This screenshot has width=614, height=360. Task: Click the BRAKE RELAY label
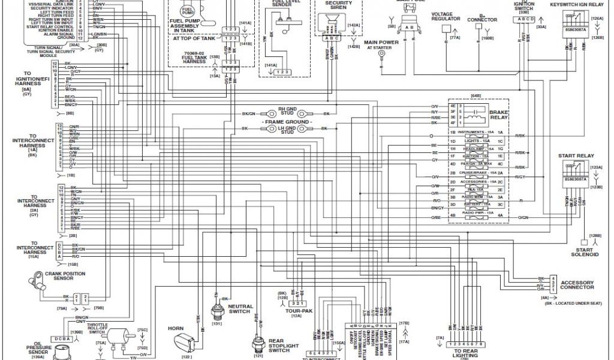[499, 115]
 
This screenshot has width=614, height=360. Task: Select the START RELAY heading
[576, 155]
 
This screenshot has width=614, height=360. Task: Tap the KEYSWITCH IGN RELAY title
[576, 4]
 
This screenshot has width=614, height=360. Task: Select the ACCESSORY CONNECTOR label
[577, 285]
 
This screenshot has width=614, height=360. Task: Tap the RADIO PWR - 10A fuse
[477, 214]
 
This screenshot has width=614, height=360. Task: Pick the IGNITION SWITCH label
[523, 7]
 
